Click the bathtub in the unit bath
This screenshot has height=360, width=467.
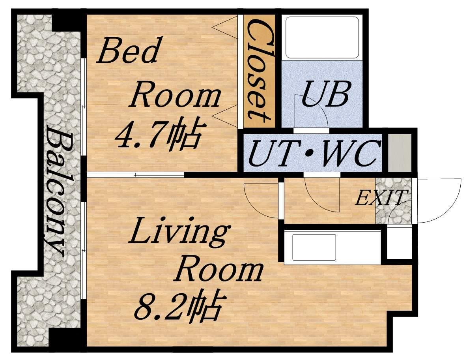point(322,37)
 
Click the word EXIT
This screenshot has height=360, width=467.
point(381,198)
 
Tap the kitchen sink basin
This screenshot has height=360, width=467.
point(314,247)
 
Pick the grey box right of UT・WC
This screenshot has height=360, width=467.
point(400,152)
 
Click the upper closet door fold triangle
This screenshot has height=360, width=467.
point(225,27)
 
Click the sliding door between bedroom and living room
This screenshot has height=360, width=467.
point(136,175)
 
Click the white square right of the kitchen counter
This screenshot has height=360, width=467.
point(399,243)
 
